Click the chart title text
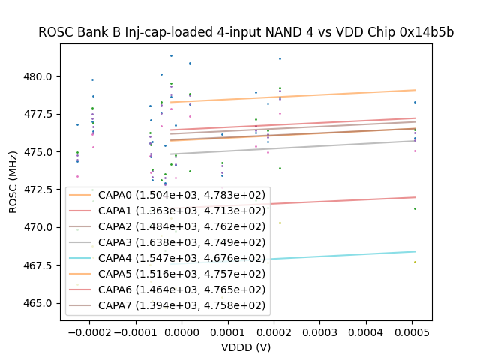point(246,32)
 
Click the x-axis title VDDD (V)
point(246,347)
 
